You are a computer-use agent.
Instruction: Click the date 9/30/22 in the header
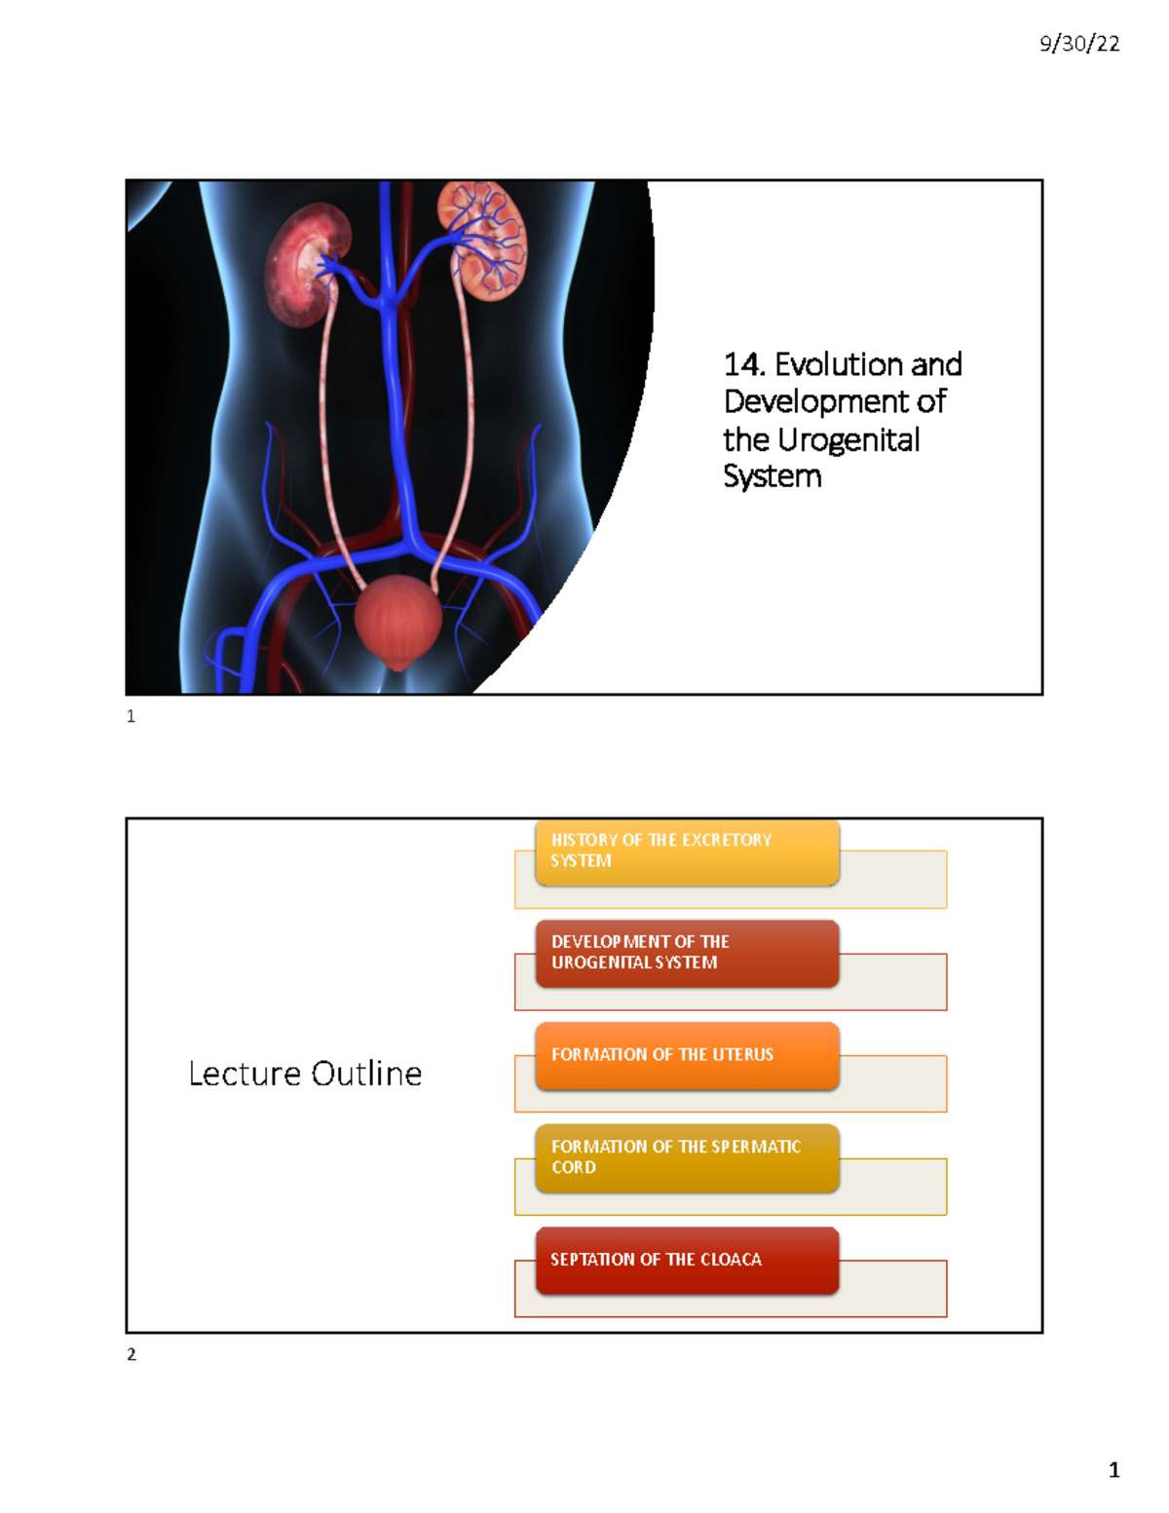(x=1079, y=44)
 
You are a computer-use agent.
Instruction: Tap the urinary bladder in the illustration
(x=397, y=621)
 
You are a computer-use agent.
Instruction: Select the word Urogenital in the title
(x=848, y=439)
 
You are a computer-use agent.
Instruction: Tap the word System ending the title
(x=772, y=476)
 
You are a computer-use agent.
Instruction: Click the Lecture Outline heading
(x=305, y=1074)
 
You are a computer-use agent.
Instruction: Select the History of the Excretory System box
(x=687, y=852)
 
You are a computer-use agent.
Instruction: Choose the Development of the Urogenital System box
(x=687, y=953)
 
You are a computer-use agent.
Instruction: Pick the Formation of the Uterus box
(x=687, y=1055)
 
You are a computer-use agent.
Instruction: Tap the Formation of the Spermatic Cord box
(x=687, y=1157)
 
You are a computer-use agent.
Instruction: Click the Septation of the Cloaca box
(x=687, y=1260)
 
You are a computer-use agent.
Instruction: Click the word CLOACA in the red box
(x=731, y=1260)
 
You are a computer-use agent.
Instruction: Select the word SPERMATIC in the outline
(x=756, y=1147)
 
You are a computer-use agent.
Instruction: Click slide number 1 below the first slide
(x=132, y=717)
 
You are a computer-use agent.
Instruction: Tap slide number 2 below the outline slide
(x=132, y=1355)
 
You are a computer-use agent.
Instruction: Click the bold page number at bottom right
(x=1113, y=1470)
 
